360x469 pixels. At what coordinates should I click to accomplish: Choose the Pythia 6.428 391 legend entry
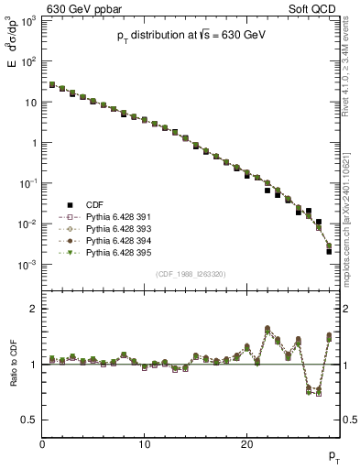118,216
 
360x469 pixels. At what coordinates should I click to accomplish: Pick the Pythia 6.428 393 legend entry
118,228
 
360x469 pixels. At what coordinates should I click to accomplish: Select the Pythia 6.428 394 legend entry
118,240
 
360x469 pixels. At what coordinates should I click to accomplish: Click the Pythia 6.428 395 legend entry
118,252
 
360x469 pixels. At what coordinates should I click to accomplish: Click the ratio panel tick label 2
33,309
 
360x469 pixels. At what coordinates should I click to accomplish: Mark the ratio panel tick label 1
33,365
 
